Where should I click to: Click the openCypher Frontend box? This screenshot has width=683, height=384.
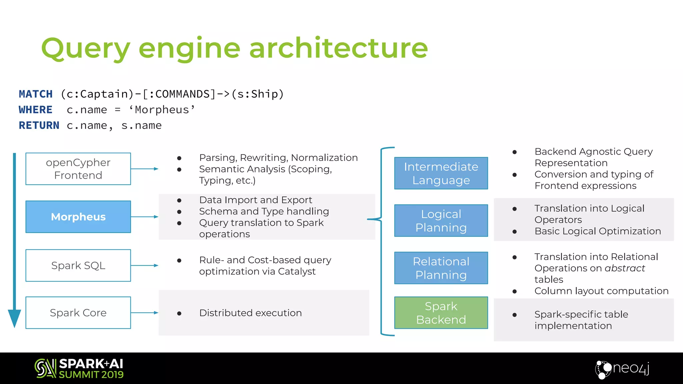[x=78, y=169]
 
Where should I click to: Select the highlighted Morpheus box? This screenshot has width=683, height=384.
[x=78, y=217]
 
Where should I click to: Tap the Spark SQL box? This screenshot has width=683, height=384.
[x=78, y=265]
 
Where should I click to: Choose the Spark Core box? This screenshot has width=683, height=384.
[x=78, y=313]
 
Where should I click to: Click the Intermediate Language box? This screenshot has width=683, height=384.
[x=441, y=173]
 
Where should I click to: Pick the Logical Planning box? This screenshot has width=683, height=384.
[x=441, y=221]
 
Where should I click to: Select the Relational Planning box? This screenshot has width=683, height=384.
[x=441, y=268]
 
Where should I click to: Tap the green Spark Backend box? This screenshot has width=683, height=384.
[x=441, y=313]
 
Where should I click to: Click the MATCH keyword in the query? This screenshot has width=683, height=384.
[x=36, y=94]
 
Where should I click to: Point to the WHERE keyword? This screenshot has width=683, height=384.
[x=36, y=110]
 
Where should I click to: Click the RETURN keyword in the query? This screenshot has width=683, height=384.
[x=39, y=125]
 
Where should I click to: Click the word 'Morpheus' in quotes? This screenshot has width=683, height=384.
[x=162, y=110]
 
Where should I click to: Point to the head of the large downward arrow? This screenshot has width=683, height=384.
[x=14, y=318]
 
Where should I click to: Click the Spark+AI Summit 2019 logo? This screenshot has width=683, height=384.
[x=79, y=368]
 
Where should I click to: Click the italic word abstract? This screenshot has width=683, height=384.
[x=625, y=268]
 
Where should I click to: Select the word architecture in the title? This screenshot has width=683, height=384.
[x=338, y=48]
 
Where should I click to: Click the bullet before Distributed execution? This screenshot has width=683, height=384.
[x=179, y=313]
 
